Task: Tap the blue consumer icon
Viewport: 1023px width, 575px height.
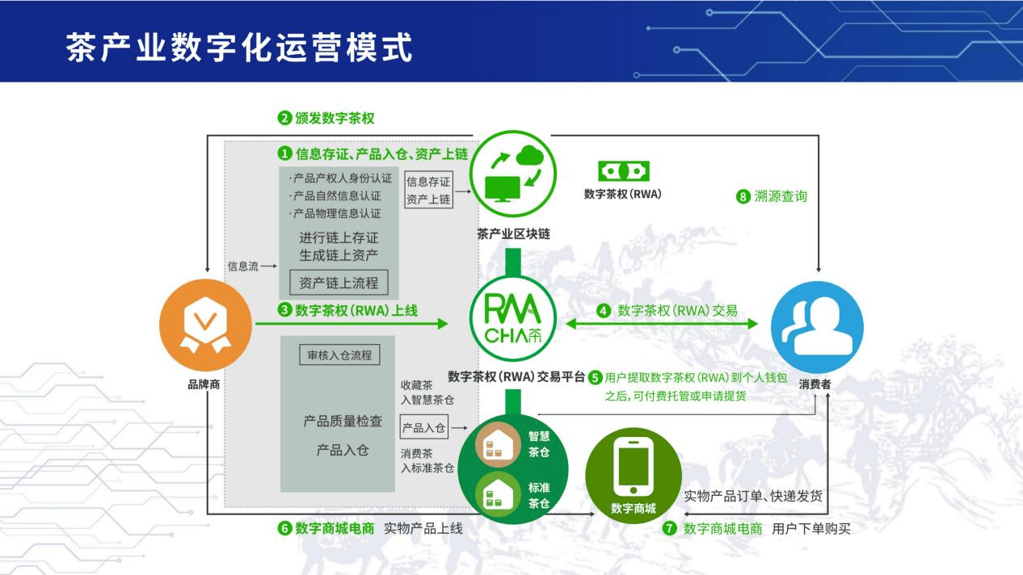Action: (817, 326)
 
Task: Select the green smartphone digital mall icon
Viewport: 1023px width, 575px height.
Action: (633, 470)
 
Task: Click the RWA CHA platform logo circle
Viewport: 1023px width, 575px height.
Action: (513, 320)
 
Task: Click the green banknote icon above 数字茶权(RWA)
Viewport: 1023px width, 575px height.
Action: (623, 171)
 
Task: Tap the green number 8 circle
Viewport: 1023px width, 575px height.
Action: (743, 196)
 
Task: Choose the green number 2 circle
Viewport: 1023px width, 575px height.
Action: (284, 118)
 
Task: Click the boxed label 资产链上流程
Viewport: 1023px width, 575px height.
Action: (339, 283)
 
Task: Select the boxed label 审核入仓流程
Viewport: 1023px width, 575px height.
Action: (339, 355)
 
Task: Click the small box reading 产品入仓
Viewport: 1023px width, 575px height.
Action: (423, 428)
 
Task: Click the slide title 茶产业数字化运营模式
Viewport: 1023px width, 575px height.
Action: (239, 47)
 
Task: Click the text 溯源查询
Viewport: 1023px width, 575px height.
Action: (782, 196)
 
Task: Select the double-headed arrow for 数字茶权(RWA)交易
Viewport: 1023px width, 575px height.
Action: (663, 324)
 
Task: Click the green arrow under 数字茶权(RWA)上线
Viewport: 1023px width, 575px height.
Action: (351, 324)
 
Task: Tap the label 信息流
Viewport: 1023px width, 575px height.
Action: (242, 266)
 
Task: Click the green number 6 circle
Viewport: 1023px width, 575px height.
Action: (284, 529)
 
